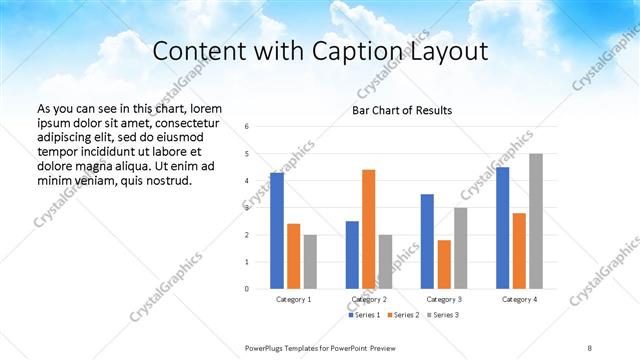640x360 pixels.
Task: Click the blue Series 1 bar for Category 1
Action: pos(277,230)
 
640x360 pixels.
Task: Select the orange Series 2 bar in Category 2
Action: pos(369,229)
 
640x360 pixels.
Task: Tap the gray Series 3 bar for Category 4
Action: pos(536,221)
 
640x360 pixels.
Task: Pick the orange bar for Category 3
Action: pos(444,264)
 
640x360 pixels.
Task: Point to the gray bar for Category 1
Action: pos(310,261)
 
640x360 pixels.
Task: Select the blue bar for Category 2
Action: pos(352,254)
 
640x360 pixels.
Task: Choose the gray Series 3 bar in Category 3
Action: pos(461,248)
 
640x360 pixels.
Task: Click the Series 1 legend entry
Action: pos(364,315)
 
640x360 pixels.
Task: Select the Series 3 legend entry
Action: pos(444,315)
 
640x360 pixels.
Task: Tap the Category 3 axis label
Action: pos(444,299)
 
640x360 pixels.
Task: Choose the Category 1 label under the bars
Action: pos(294,299)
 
